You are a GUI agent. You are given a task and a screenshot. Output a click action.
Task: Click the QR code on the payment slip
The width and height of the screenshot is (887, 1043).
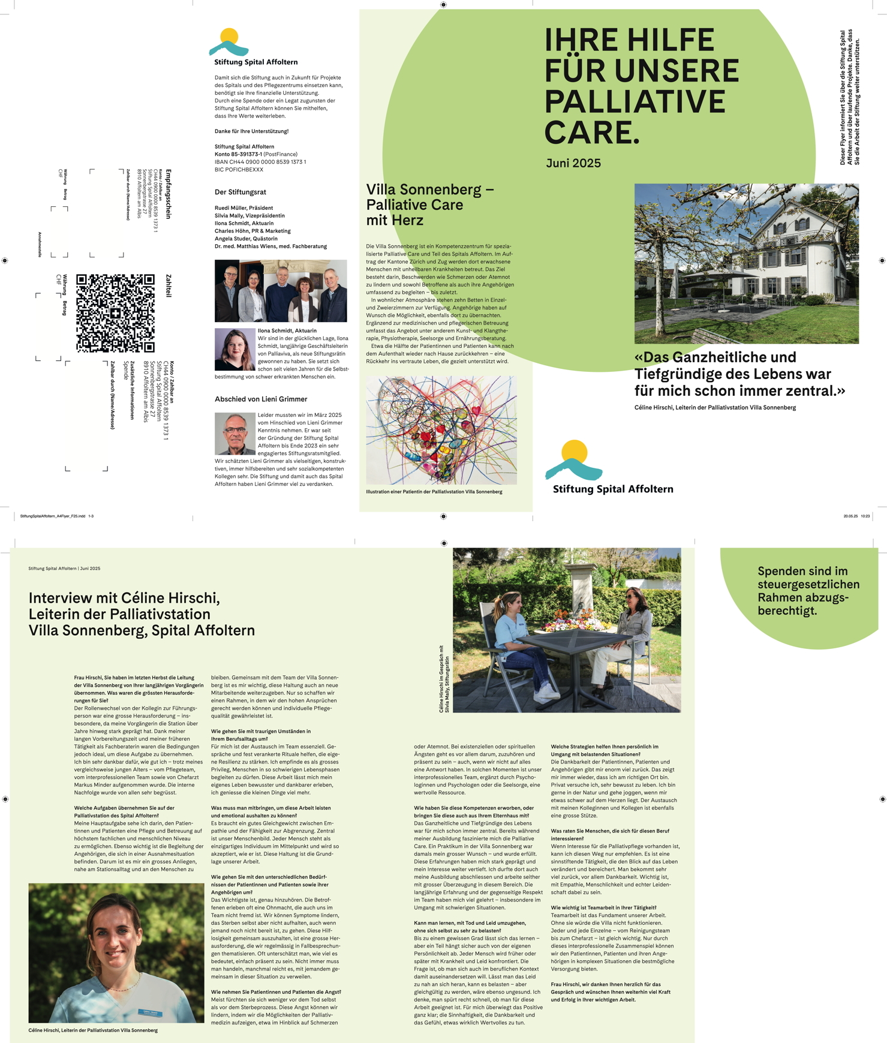coord(115,313)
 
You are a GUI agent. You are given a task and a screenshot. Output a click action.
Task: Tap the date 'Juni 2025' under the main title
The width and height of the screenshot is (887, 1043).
coord(573,163)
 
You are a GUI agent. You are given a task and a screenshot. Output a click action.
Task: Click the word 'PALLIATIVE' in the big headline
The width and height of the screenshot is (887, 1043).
coord(635,101)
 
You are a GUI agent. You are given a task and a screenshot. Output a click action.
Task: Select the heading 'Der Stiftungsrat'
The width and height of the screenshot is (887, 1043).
coord(240,192)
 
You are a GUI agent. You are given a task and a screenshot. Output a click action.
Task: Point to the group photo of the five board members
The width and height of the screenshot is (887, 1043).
coord(281,291)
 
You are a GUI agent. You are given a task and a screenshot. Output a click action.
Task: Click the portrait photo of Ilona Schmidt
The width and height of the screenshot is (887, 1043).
coord(235,349)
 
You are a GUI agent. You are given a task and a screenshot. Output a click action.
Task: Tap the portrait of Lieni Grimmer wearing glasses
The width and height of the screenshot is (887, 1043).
coord(235,433)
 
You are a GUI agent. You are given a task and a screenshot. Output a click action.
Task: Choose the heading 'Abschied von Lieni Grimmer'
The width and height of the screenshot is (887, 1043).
coord(261,399)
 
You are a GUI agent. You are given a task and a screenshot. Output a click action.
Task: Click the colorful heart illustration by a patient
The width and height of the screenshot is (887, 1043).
coord(441,430)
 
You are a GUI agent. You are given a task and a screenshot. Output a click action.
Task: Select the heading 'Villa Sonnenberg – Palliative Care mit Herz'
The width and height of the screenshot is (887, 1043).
coord(429,205)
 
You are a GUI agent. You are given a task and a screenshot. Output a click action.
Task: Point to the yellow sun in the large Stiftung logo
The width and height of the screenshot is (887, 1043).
coord(574,450)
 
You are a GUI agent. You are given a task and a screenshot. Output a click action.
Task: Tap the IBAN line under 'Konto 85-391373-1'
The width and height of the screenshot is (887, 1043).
coord(260,162)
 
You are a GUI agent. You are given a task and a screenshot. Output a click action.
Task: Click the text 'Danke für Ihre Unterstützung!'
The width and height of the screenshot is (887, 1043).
coord(252,131)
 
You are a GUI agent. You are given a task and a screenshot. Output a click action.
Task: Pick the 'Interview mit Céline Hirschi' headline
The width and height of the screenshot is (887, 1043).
coord(142,614)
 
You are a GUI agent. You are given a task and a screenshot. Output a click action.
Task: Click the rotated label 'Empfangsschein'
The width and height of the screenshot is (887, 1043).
coord(169,194)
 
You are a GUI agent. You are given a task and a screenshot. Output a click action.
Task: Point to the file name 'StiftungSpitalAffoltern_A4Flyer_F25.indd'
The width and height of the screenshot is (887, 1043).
coord(53,516)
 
